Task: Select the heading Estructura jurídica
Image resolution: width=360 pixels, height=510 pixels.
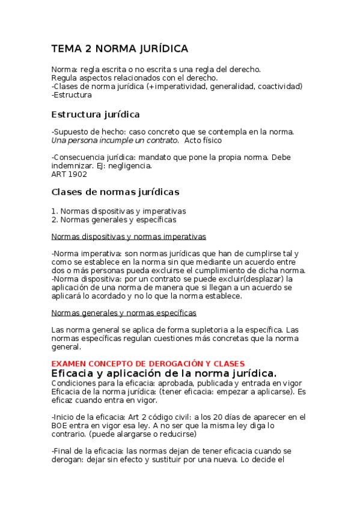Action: (96, 114)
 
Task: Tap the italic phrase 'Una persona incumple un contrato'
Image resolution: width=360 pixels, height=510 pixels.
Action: (115, 140)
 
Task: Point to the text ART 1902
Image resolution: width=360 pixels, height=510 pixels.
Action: (69, 174)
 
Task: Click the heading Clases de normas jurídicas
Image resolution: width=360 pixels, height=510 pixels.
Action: (115, 192)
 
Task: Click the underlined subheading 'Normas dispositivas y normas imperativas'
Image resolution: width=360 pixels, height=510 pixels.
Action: (129, 236)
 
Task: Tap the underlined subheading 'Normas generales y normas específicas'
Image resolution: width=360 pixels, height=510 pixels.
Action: (124, 313)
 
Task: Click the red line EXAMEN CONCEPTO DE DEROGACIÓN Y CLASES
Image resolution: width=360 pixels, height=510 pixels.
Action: (148, 364)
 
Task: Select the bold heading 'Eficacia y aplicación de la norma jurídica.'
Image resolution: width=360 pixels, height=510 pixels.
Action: (163, 373)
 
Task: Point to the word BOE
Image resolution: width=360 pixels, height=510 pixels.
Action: (60, 425)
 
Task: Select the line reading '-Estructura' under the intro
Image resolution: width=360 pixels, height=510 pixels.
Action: (72, 94)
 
